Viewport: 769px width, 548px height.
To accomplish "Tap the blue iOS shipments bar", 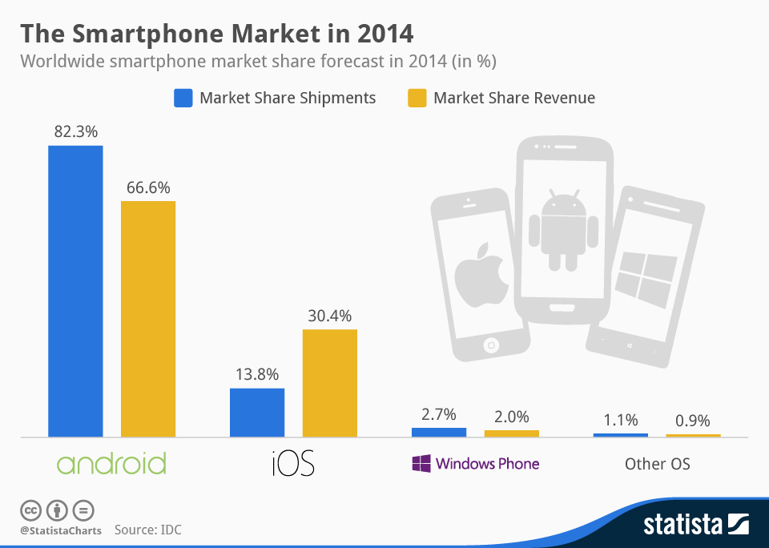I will (x=257, y=413).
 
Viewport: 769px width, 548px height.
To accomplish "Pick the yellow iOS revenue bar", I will (x=329, y=383).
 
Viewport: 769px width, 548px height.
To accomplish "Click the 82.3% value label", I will (x=75, y=132).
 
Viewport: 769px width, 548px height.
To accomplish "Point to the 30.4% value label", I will (x=329, y=316).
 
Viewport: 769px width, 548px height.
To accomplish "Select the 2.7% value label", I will (x=438, y=414).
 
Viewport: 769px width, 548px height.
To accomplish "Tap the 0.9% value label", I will (x=693, y=421).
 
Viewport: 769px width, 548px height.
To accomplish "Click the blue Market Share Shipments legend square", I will (x=183, y=98).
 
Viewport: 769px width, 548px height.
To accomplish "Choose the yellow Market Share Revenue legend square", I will (x=417, y=98).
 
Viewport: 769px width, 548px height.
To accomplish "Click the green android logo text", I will (x=111, y=464).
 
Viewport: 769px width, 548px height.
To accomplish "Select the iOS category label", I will (x=292, y=463).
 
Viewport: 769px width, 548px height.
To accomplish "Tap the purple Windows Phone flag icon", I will (x=421, y=464).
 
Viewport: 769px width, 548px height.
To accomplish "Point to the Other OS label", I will (x=657, y=464).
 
